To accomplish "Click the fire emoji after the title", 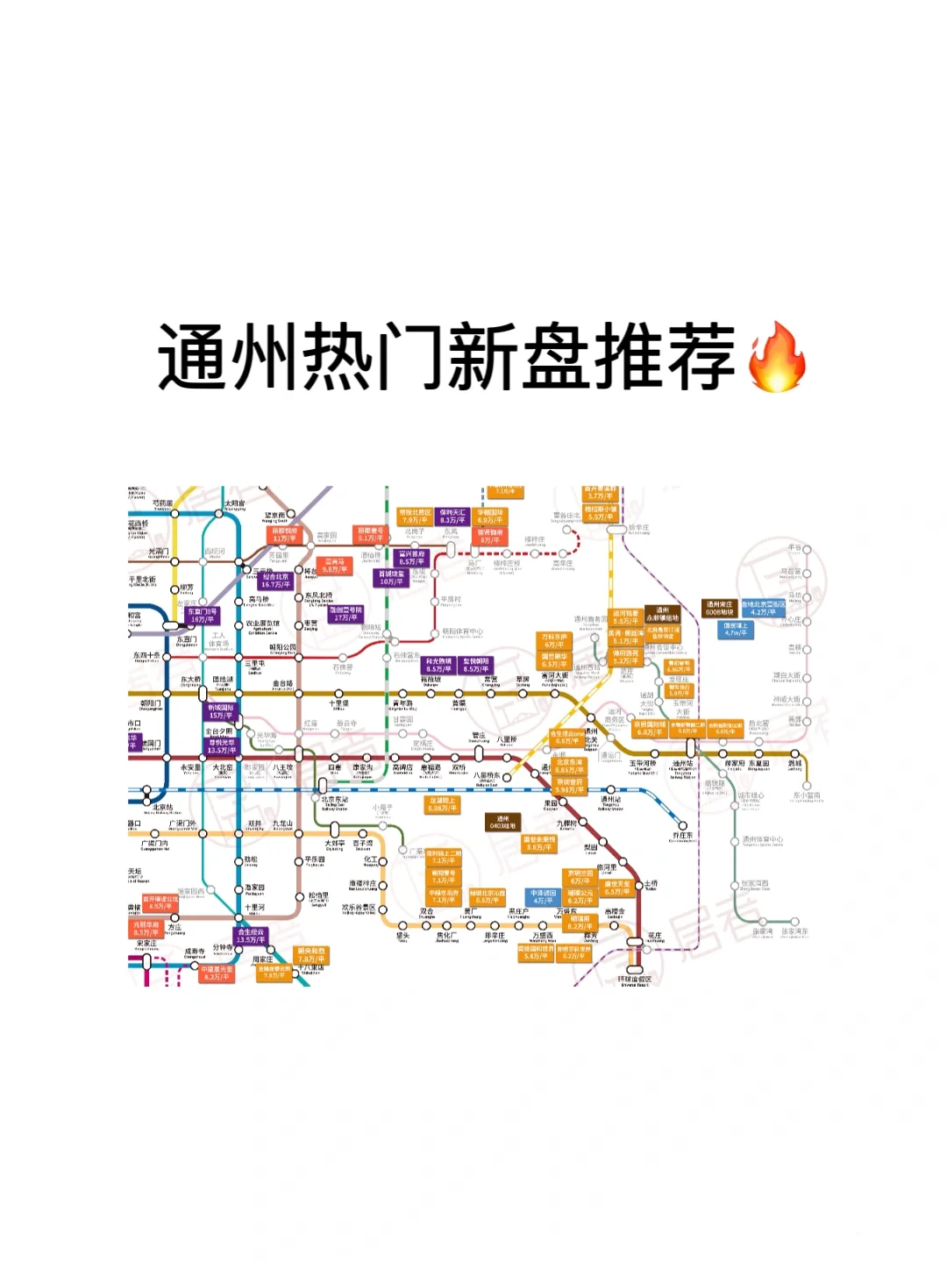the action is click(776, 357).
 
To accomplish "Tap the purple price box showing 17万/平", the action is click(345, 614).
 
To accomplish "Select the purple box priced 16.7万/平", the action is click(275, 581).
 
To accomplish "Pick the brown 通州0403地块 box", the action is click(502, 822).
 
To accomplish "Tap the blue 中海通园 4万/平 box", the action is click(543, 896).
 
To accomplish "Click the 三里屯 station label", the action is click(255, 664).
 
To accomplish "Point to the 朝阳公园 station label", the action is click(282, 648).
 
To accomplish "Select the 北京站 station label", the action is click(163, 808).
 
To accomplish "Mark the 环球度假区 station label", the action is click(634, 979).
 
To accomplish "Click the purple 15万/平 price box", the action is click(220, 711).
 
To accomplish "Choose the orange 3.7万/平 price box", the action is click(601, 493).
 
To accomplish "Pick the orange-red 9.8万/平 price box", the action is click(333, 566).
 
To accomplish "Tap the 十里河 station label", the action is click(254, 908).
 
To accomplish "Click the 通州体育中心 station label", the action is click(762, 839).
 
